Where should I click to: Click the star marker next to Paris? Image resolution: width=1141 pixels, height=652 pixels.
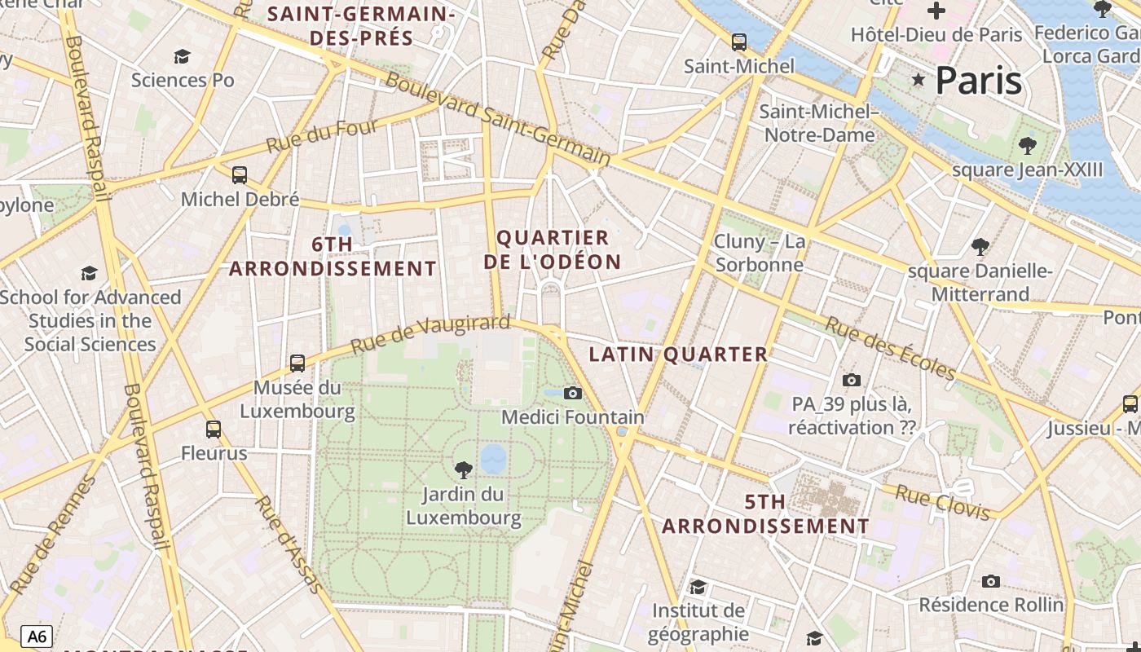(x=919, y=80)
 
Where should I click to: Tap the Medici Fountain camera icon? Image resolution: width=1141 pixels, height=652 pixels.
(x=573, y=394)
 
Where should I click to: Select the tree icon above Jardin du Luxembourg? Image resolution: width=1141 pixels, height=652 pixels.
(x=464, y=469)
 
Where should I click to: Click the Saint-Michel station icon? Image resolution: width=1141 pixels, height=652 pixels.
(x=739, y=42)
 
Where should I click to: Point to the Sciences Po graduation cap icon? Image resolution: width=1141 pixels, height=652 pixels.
(x=183, y=56)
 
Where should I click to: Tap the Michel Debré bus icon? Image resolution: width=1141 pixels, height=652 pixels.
(x=240, y=175)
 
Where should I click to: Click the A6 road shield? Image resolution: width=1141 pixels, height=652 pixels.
(x=37, y=636)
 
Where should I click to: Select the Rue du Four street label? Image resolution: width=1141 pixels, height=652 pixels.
(x=323, y=137)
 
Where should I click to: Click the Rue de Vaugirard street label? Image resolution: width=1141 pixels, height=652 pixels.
(x=430, y=334)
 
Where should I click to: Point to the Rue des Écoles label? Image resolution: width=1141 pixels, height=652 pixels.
(x=891, y=348)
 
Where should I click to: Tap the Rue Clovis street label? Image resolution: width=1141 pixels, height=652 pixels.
(x=943, y=501)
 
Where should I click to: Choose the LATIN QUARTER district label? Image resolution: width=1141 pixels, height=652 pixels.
(x=678, y=355)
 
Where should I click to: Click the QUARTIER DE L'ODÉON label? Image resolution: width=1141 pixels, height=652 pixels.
(x=553, y=250)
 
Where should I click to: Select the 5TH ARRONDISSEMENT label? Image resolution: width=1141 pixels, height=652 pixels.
(x=765, y=514)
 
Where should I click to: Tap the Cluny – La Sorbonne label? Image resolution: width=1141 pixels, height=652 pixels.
(x=759, y=253)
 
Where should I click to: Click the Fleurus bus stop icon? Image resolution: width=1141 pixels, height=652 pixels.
(x=214, y=429)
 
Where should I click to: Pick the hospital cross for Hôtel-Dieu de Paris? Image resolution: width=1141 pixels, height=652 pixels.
(x=936, y=11)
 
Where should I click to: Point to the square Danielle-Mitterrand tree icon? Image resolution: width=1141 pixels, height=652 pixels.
(x=980, y=246)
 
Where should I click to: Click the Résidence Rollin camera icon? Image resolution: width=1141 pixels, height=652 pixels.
(x=991, y=581)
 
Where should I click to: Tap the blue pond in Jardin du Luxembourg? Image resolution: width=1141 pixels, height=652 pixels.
(x=493, y=458)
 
